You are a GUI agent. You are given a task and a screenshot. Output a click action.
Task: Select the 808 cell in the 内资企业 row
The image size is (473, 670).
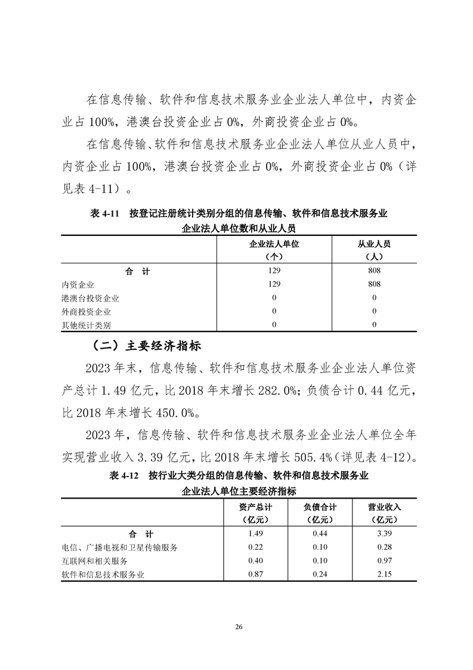click(374, 284)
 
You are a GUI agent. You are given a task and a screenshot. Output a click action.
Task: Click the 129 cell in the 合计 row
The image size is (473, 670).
click(274, 271)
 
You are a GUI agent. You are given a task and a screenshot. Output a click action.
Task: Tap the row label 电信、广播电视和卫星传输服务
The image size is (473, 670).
click(119, 547)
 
